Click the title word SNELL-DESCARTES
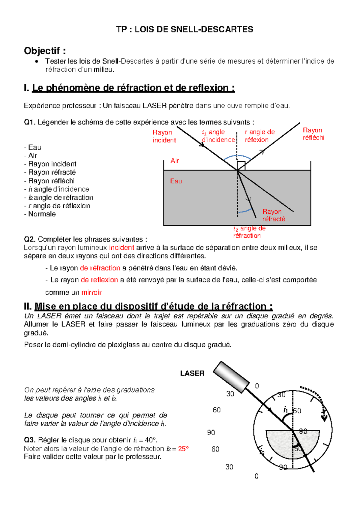[x=212, y=29]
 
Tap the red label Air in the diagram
[x=175, y=161]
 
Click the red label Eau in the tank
[x=176, y=181]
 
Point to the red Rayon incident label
[x=164, y=136]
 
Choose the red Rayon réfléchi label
[x=313, y=134]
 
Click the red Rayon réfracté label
[x=273, y=215]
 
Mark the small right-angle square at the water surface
[x=241, y=166]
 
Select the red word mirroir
[x=91, y=292]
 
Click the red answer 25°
[x=183, y=449]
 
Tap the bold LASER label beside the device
[x=192, y=373]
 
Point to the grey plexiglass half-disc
[x=279, y=444]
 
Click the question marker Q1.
[x=30, y=122]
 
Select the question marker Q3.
[x=30, y=440]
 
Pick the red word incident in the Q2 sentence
[x=121, y=248]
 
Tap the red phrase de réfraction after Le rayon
[x=100, y=268]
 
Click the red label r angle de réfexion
[x=259, y=136]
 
